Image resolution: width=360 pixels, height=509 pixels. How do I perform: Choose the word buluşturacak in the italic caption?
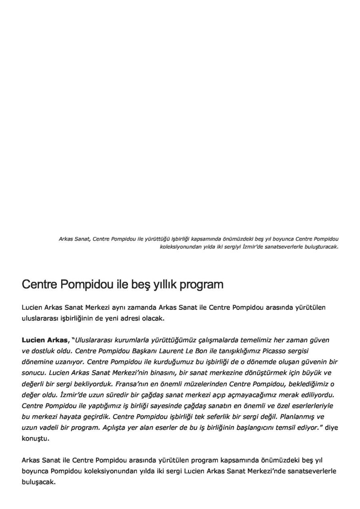[321, 247]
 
